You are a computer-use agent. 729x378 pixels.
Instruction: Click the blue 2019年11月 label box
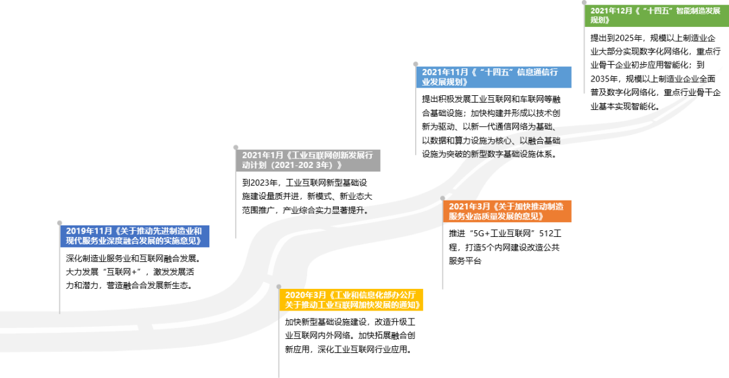click(134, 236)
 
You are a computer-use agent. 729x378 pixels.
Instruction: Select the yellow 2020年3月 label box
click(351, 300)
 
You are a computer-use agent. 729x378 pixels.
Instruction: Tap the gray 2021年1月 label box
click(308, 161)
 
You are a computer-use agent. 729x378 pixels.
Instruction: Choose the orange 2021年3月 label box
click(507, 211)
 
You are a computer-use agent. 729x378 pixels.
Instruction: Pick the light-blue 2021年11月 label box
click(493, 77)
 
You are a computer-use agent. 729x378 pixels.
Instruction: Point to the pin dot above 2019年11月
click(59, 223)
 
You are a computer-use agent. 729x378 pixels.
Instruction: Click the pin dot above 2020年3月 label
click(278, 287)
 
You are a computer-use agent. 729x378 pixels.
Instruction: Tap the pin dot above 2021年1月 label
click(236, 147)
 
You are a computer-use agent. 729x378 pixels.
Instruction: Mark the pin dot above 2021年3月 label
click(443, 198)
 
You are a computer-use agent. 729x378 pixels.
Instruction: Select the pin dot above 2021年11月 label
click(416, 64)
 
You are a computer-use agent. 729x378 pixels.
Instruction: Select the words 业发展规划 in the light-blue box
click(444, 82)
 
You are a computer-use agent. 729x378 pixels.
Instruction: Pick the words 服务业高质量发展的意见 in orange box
click(496, 217)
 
